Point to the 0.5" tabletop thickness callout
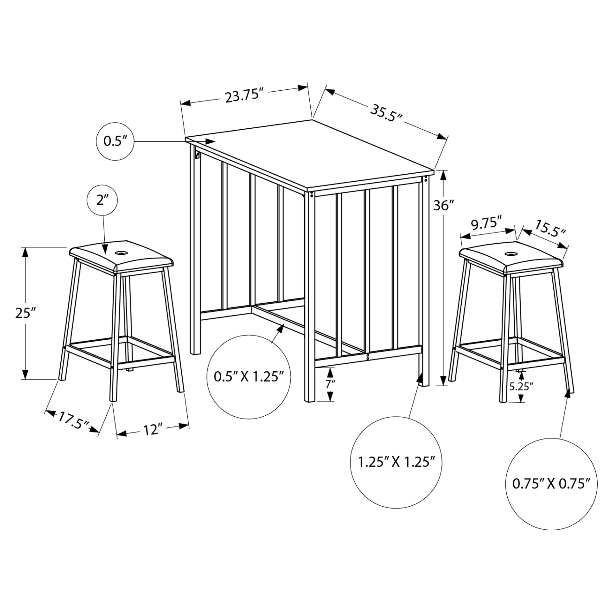tap(115, 141)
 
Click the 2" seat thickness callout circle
tap(102, 200)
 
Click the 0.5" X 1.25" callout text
tap(249, 377)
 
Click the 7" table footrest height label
tap(330, 384)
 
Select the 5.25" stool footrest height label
tap(521, 387)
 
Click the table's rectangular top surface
tap(310, 154)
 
